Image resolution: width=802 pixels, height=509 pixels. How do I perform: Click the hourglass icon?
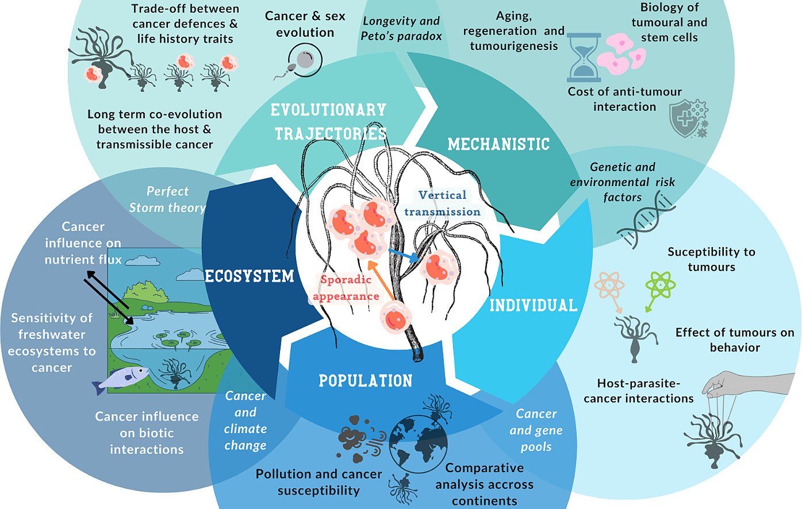click(x=584, y=57)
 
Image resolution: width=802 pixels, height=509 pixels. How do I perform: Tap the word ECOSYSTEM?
click(x=250, y=276)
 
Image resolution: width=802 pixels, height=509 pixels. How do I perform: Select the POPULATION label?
click(x=366, y=380)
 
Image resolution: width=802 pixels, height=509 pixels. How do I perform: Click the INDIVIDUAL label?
click(x=533, y=305)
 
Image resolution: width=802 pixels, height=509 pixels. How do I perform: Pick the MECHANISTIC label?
click(x=498, y=144)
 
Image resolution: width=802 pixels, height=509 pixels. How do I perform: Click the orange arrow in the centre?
click(x=380, y=282)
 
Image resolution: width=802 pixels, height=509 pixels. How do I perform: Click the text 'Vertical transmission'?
click(x=442, y=203)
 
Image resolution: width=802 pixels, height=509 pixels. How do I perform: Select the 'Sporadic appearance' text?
click(x=346, y=288)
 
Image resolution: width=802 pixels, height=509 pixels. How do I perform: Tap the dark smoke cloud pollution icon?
click(x=356, y=439)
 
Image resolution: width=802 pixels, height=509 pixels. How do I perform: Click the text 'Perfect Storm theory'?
click(x=167, y=199)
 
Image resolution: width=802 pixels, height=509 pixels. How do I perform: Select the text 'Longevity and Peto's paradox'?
click(x=401, y=29)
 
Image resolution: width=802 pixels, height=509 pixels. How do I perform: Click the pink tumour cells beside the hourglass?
click(x=620, y=52)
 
